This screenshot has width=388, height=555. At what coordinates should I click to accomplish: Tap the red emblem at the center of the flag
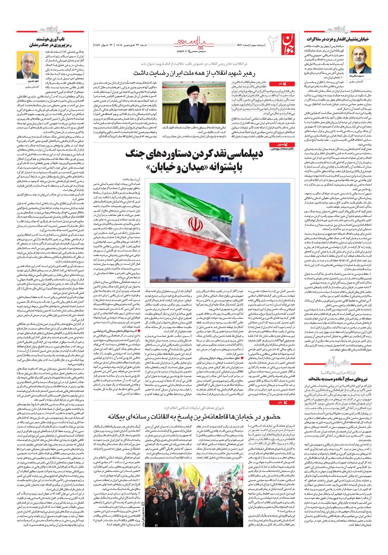(x=196, y=224)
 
